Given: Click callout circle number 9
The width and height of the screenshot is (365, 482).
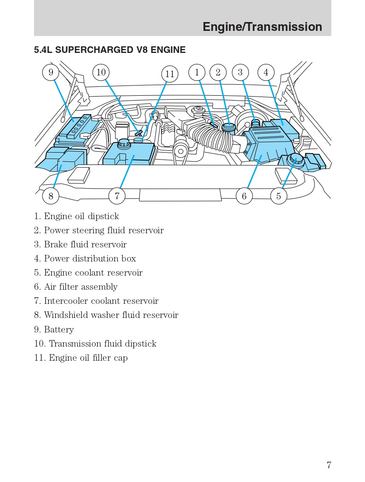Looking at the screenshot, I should point(51,72).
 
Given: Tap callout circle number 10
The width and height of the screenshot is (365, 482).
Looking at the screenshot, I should point(101,72).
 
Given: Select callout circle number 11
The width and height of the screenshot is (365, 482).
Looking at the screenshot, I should point(170,74).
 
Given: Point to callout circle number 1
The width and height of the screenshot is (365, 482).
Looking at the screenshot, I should point(197,72).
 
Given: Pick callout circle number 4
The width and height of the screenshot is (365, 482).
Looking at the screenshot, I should point(266,72).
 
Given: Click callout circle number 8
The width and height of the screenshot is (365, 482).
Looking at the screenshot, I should point(51,196).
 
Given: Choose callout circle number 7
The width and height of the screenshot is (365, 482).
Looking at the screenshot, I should point(117,196).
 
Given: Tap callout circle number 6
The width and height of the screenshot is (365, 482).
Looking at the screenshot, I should point(244,196).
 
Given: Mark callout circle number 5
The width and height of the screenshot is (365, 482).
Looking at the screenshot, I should point(278,196).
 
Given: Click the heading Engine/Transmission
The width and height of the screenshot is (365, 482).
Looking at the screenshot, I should point(262,27).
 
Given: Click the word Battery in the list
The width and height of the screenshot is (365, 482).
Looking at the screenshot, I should point(59,329).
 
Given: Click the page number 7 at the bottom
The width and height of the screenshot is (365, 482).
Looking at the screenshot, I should point(329,465).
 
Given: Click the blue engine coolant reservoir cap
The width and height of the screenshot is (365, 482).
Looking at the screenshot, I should point(295,158).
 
